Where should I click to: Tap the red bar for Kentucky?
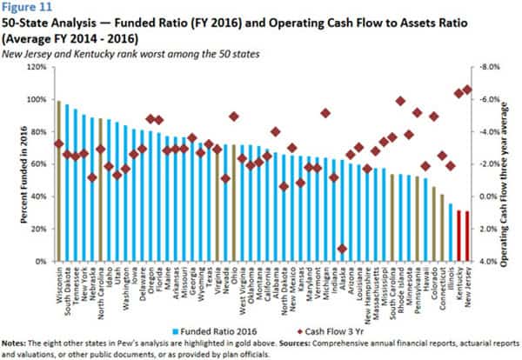[x=459, y=236]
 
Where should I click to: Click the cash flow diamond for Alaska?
[x=342, y=249]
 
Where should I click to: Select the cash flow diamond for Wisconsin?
[x=58, y=143]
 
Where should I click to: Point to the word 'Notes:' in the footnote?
[x=15, y=343]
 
